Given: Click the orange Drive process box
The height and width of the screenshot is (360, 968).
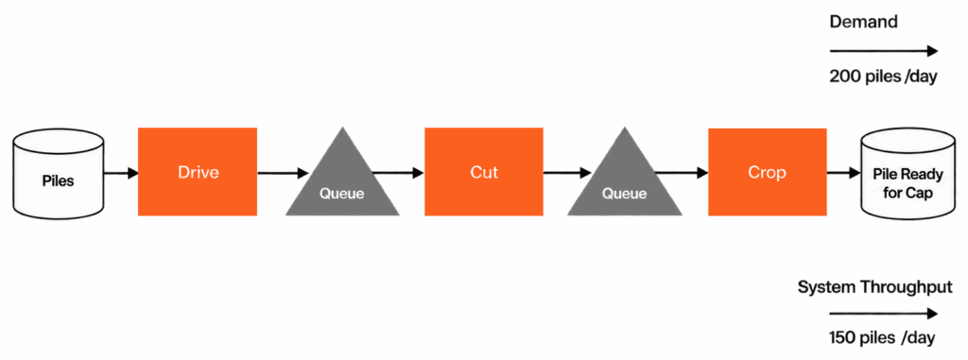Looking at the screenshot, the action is tap(197, 172).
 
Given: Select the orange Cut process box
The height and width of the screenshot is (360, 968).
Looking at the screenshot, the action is tap(484, 172).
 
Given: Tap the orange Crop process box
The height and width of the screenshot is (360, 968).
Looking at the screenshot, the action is tap(768, 172).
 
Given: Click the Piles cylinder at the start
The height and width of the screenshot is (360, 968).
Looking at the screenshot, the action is tap(58, 174).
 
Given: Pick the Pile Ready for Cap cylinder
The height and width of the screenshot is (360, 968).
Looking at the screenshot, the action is tap(907, 174).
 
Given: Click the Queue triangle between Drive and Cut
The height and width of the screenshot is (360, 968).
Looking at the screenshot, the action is tap(342, 180).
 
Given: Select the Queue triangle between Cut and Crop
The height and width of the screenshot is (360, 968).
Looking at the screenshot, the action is tap(625, 180).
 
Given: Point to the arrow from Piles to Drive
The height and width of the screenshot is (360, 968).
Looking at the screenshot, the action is tap(121, 173).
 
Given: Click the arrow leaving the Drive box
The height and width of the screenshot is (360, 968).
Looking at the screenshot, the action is tap(283, 173).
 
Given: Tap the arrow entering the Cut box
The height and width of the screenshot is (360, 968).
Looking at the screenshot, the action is tap(399, 173).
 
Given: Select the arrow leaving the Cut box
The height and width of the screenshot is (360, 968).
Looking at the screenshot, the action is tap(567, 173).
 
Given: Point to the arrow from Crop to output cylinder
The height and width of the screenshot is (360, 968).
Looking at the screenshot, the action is tap(844, 173).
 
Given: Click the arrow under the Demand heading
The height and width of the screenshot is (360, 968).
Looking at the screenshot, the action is tap(884, 51).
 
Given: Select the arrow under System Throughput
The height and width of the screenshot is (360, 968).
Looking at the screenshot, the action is tap(884, 314).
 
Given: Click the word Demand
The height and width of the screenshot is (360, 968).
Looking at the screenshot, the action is tap(863, 23).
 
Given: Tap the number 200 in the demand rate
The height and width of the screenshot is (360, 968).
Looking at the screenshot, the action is tap(844, 77).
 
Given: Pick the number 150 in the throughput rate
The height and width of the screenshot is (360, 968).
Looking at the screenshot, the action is tap(843, 338).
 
